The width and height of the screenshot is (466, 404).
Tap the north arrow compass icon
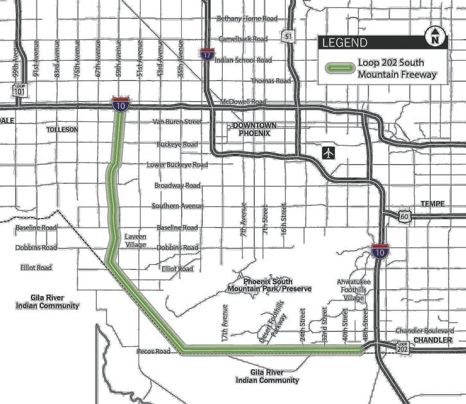coord(435,37)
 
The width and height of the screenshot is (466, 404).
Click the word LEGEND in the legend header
coord(345,43)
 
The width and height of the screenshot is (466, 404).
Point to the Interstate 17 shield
coord(207,54)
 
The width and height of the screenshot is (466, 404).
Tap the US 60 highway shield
coord(403,217)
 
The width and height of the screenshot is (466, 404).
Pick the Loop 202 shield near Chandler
coord(402,348)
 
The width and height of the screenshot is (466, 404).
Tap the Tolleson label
coord(62,130)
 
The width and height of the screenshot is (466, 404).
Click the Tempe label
coord(432,203)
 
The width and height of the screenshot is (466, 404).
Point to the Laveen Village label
coord(135,240)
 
